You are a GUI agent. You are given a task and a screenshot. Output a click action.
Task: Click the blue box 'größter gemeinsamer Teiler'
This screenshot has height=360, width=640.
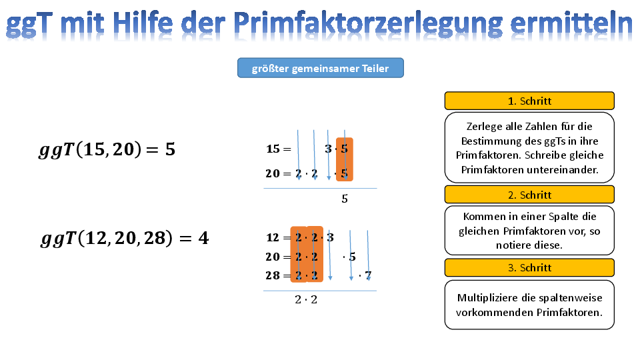click(x=321, y=68)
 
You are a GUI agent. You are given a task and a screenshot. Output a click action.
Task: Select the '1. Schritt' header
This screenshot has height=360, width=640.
click(x=529, y=101)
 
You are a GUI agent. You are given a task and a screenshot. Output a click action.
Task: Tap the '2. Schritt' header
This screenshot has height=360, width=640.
click(x=529, y=195)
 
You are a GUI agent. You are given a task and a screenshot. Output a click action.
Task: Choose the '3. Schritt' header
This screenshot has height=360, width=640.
click(x=529, y=268)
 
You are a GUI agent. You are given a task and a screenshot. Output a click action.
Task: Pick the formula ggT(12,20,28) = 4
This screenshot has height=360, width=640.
click(x=125, y=239)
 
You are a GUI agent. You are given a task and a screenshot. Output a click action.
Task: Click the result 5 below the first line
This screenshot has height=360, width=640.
click(x=345, y=199)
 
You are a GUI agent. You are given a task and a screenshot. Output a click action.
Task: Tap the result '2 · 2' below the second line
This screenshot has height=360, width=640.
click(x=306, y=299)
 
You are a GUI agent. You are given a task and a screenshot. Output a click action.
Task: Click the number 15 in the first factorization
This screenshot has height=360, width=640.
click(x=273, y=149)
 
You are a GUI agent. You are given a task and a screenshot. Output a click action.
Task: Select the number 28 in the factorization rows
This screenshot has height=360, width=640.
click(x=273, y=275)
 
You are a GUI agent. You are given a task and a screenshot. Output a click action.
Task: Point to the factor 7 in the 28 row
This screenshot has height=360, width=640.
click(x=368, y=275)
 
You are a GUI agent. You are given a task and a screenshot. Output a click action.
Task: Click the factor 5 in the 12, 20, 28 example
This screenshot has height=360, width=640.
click(x=352, y=257)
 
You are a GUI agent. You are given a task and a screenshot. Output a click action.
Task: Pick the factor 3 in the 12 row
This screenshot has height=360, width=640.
click(x=330, y=237)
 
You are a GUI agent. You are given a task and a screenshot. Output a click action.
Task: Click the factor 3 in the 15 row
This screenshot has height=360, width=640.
click(x=328, y=149)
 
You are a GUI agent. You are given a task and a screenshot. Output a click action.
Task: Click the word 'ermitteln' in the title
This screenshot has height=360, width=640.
click(x=571, y=24)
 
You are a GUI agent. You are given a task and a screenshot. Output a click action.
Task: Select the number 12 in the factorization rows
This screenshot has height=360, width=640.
click(x=273, y=237)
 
